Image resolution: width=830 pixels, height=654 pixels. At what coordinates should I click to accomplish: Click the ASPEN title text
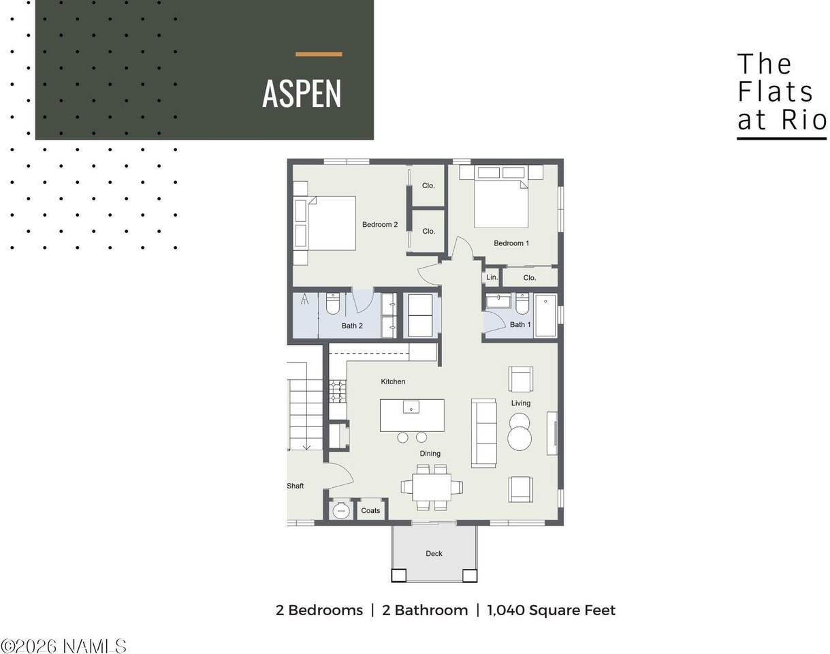302,93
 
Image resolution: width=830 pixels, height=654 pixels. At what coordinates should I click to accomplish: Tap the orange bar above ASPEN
319,54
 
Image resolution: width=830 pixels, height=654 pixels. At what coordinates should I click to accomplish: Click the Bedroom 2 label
380,225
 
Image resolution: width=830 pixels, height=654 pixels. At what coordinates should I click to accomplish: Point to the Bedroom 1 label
511,243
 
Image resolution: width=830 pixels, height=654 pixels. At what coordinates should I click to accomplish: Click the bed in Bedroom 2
324,223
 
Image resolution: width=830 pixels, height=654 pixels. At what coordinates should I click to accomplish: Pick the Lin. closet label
492,277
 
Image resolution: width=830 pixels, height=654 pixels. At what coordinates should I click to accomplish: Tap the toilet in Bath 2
332,304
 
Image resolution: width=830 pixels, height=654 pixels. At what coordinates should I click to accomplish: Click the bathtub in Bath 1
545,315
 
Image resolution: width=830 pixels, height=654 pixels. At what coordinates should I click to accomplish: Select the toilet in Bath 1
522,304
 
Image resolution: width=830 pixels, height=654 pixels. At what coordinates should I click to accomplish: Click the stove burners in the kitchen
338,391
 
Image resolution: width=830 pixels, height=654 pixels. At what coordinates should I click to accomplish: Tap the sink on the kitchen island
411,407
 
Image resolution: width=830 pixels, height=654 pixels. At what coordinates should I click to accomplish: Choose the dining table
432,487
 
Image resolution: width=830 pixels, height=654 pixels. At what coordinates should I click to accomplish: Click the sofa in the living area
483,433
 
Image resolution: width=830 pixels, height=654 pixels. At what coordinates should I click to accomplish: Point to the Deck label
434,554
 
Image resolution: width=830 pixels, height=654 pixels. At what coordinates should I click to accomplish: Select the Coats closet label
370,510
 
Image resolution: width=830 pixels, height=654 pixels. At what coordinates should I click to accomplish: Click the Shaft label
296,486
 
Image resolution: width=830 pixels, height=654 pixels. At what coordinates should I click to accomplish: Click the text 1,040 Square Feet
552,610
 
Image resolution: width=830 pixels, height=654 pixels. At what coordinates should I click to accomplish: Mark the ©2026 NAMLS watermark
63,646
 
